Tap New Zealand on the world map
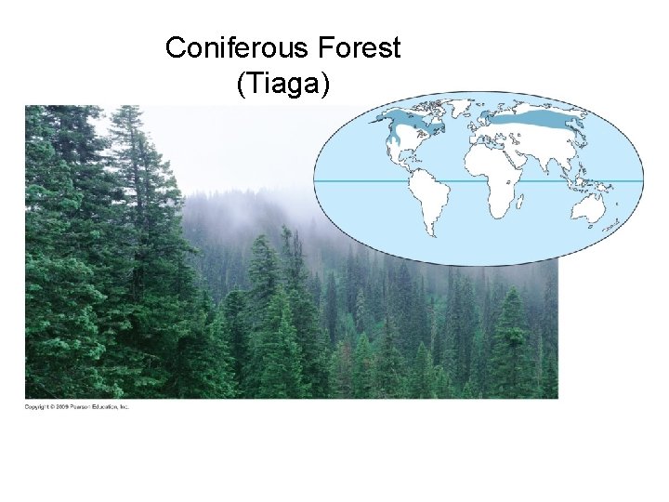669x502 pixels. click(614, 224)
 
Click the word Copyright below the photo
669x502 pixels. click(37, 407)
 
